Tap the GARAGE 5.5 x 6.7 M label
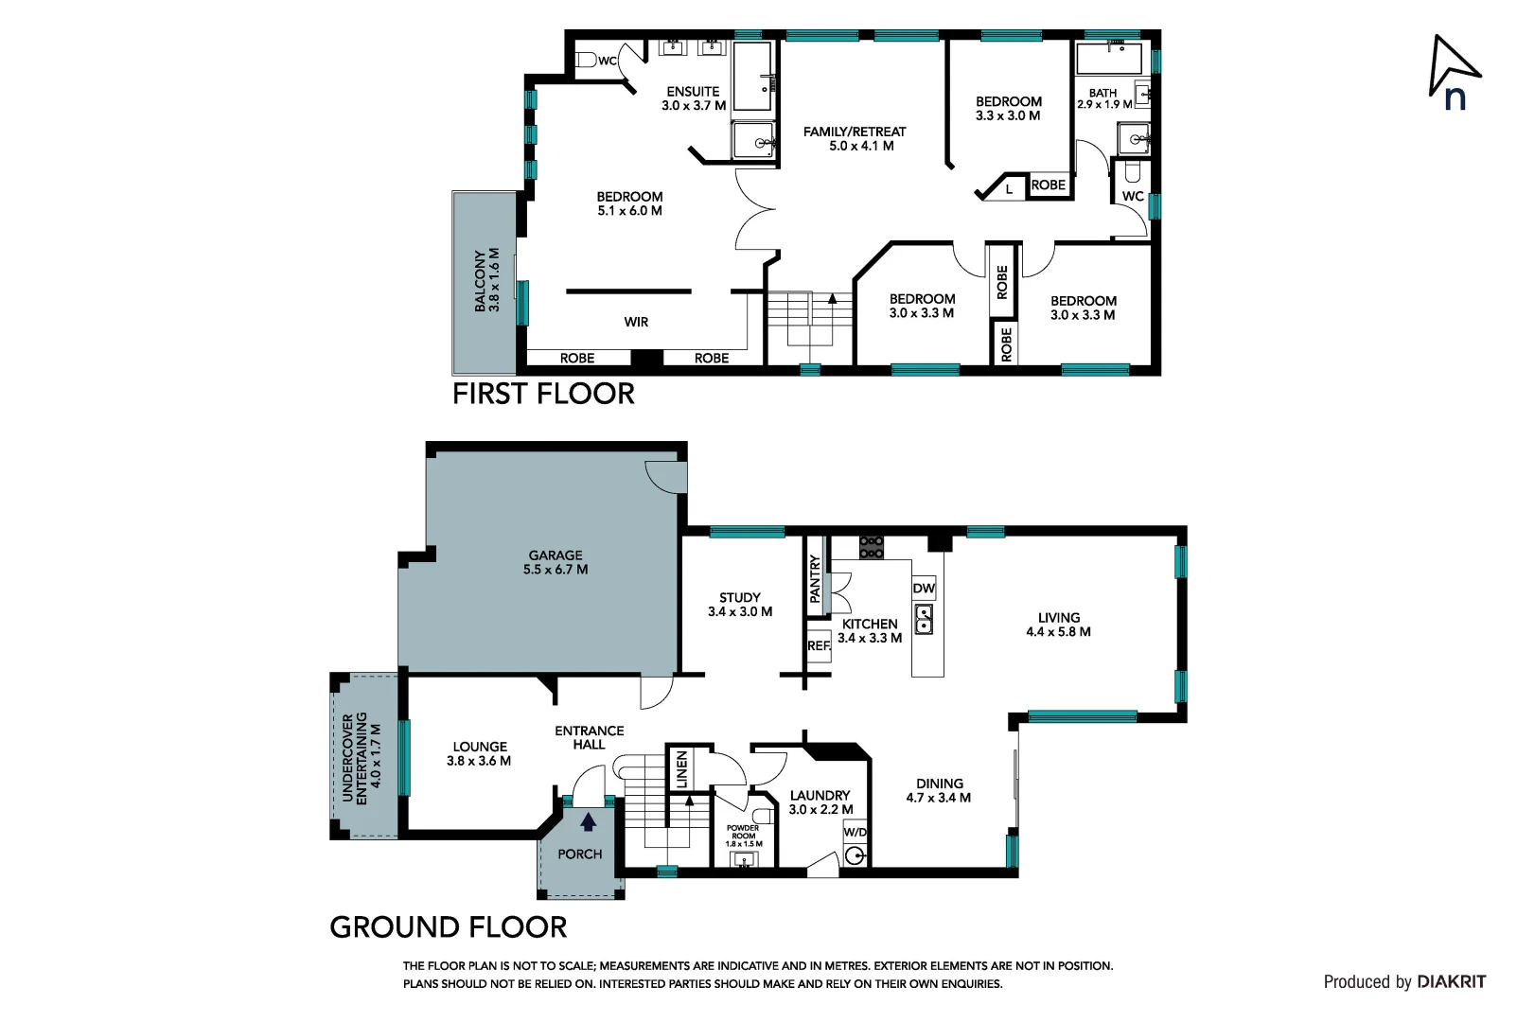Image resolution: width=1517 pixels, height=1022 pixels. [556, 562]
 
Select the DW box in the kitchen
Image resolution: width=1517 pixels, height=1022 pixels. [924, 589]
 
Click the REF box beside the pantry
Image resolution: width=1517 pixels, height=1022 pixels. [818, 646]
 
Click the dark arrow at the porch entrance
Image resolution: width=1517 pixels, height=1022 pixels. [589, 821]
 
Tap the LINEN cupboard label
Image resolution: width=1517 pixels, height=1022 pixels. [681, 768]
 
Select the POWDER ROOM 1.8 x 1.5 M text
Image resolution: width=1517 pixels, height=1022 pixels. [743, 836]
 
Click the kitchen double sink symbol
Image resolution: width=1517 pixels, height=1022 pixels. [924, 620]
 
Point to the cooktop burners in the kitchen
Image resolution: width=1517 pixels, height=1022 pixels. [872, 547]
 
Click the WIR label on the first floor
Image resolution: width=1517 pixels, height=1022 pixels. [636, 323]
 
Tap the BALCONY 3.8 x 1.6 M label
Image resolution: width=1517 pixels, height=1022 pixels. [486, 281]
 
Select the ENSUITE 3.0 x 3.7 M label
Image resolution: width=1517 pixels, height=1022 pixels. [694, 98]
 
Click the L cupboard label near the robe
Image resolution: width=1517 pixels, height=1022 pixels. [1009, 189]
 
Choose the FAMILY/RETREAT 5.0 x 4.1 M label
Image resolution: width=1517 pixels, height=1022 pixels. [855, 138]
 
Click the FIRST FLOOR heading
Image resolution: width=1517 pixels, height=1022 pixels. [543, 394]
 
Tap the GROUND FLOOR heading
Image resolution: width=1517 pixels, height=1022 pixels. [448, 927]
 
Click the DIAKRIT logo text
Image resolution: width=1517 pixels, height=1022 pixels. [1451, 982]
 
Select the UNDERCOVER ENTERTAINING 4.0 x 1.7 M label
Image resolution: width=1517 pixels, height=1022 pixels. [362, 757]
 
